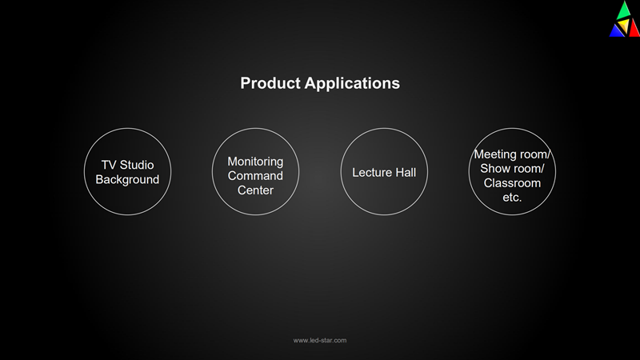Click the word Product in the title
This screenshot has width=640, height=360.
point(270,83)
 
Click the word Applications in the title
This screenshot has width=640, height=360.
point(352,84)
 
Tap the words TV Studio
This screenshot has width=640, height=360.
point(127,165)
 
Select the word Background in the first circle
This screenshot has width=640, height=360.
point(127,179)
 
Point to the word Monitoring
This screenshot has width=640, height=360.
point(255,162)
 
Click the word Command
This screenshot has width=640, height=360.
point(255,176)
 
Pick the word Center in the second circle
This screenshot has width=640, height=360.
point(255,190)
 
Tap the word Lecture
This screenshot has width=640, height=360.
point(369,173)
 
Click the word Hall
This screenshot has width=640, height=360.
point(403,173)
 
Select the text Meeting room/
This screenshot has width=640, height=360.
point(512,154)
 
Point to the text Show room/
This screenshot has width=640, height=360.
point(512,169)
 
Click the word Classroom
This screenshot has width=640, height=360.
point(512,183)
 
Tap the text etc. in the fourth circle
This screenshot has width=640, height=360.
point(512,198)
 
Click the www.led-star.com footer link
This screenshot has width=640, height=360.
point(320,341)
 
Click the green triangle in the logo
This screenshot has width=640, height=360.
point(624,10)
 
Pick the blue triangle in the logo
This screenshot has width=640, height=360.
point(616,31)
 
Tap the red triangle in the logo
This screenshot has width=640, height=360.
point(634,30)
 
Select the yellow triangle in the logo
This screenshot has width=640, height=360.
point(624,26)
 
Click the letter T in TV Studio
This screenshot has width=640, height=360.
point(105,165)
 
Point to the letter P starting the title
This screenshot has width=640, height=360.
point(245,83)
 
